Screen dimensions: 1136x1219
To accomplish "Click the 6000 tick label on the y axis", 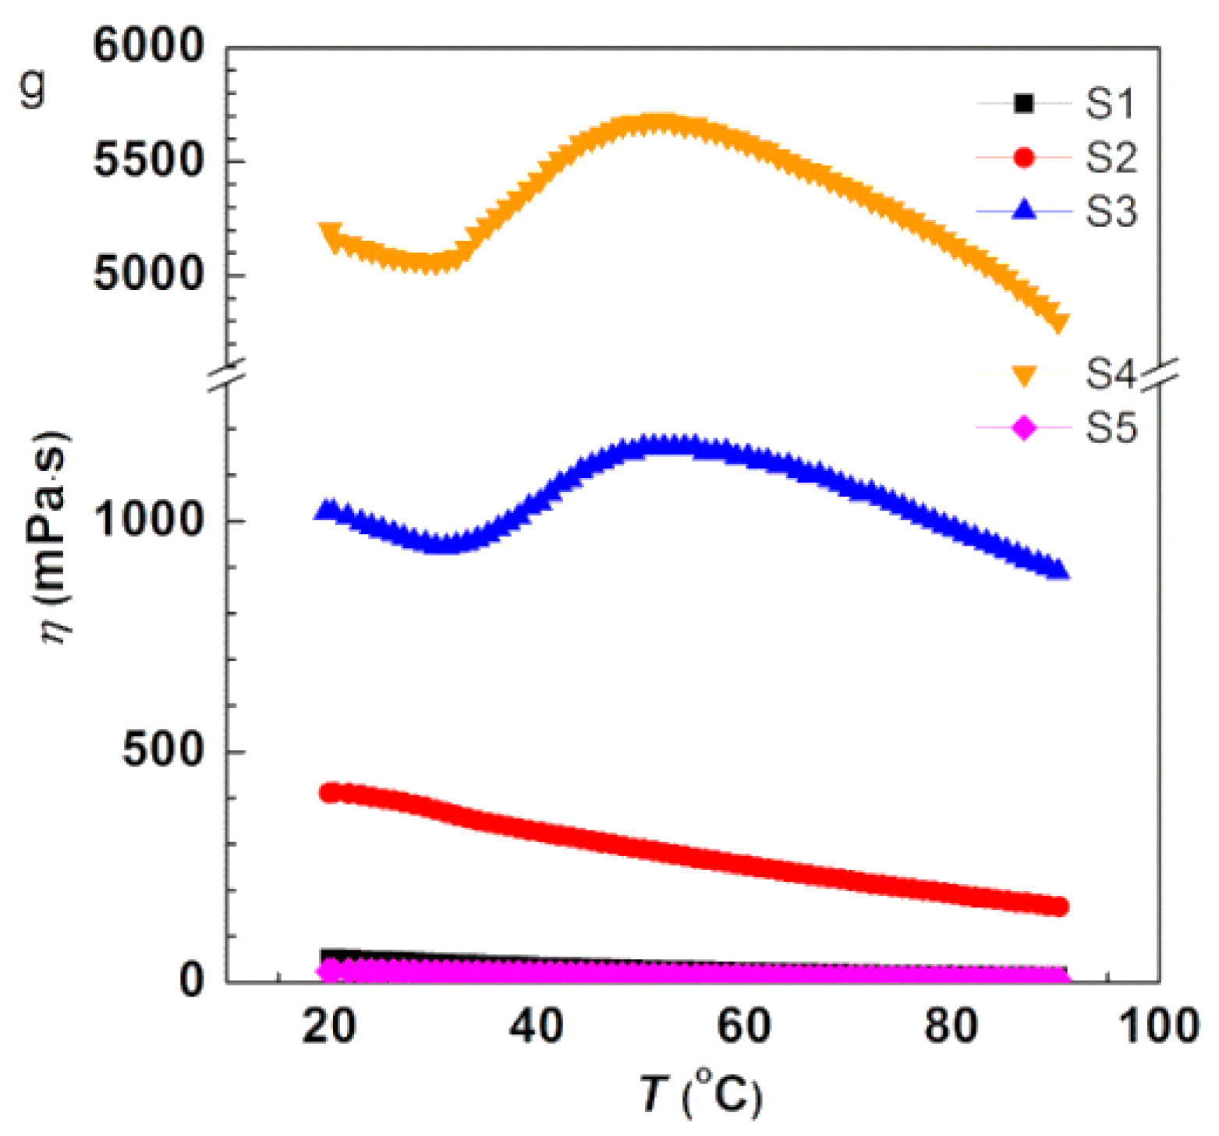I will [x=148, y=46].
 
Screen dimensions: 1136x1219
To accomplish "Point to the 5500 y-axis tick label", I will [x=148, y=161].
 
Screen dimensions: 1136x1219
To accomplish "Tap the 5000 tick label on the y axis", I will [x=148, y=274].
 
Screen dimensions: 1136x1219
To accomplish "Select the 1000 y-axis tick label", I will [x=148, y=519].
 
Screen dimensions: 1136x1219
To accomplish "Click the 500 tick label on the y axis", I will [x=163, y=751].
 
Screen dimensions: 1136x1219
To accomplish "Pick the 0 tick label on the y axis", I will [x=192, y=980].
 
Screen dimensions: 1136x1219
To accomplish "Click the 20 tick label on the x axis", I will [x=329, y=1027].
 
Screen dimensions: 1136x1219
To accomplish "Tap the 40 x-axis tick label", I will [x=537, y=1027].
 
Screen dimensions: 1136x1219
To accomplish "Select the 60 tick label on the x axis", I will [x=744, y=1027].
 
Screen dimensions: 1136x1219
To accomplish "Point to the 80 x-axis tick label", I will [x=951, y=1027].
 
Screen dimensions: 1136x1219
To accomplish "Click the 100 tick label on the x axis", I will [x=1159, y=1027].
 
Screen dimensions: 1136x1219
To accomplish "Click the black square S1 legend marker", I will [x=1023, y=103].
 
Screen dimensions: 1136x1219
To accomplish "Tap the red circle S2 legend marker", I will [x=1023, y=157].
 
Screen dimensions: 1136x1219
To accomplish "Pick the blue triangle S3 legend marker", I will [x=1023, y=210].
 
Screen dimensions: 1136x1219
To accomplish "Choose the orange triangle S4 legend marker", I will [x=1023, y=376].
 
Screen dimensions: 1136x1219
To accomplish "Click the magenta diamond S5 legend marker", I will [x=1023, y=427].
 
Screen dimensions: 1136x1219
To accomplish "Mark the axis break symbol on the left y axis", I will [x=226, y=374].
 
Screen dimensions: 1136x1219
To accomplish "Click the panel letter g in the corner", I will [x=34, y=88].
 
